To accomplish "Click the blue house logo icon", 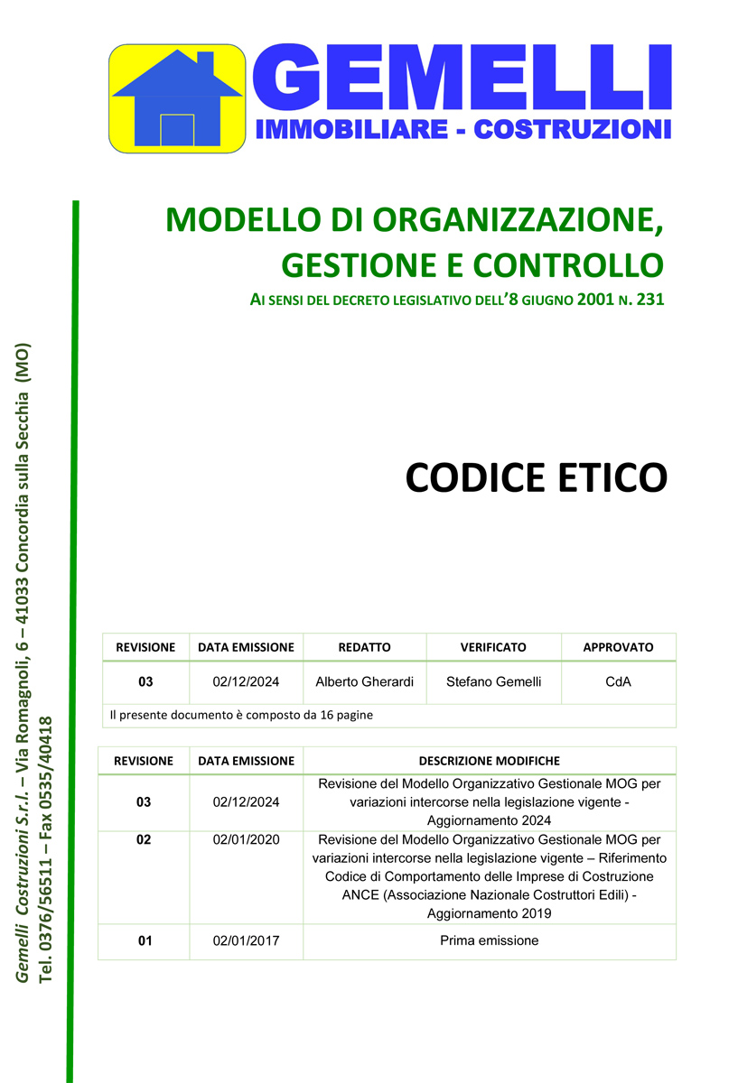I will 177,98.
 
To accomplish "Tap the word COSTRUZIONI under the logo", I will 573,129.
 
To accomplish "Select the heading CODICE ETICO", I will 536,477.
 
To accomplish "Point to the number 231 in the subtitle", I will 649,299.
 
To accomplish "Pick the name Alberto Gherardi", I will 364,681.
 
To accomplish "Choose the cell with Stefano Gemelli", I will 493,681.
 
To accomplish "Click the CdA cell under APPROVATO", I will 618,681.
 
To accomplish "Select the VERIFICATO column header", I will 493,647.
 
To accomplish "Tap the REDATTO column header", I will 364,647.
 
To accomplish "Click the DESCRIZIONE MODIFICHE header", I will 489,761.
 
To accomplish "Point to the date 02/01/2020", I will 246,839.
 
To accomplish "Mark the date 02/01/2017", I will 246,940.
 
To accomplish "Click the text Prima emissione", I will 489,940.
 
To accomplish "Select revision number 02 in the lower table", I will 145,839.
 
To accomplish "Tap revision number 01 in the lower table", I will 145,940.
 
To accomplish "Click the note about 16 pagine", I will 241,715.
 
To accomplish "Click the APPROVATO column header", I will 618,647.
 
